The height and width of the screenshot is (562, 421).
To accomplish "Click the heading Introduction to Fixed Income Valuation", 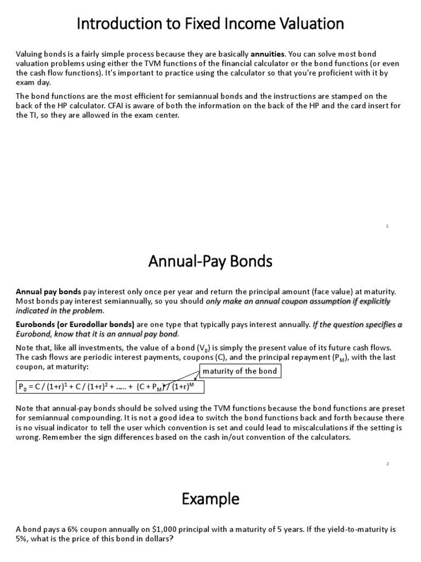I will [x=210, y=24].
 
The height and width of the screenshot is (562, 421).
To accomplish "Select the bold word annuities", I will [x=268, y=54].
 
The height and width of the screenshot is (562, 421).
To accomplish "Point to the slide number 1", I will [x=387, y=226].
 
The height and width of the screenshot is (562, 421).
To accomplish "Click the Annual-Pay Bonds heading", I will [x=210, y=262].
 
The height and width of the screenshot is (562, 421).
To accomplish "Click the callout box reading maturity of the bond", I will [x=240, y=372].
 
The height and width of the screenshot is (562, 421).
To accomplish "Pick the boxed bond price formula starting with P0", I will [x=110, y=387].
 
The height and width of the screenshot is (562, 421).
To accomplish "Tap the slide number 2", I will [x=387, y=464].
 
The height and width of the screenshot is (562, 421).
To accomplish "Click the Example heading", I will [x=210, y=499].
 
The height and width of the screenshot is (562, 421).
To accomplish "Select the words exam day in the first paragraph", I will [x=33, y=82].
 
